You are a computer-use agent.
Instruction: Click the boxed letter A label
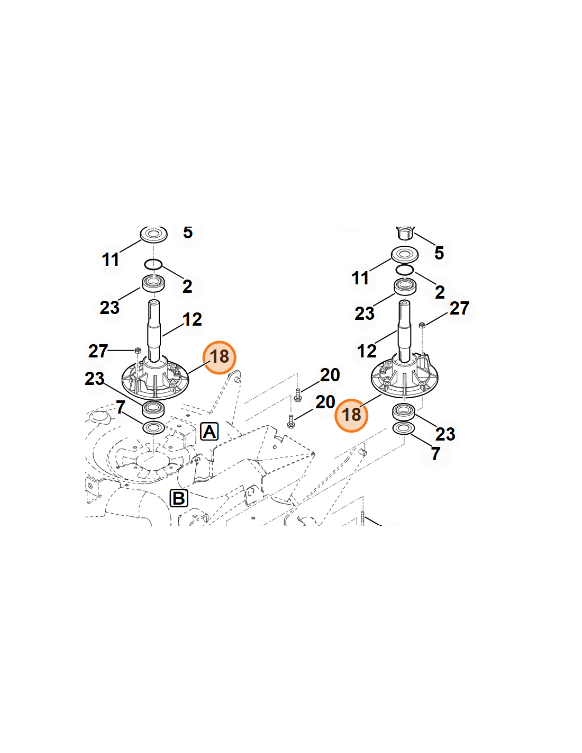[x=209, y=432]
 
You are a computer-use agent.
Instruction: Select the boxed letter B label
[x=179, y=498]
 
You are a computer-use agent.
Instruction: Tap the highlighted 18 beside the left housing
[x=219, y=357]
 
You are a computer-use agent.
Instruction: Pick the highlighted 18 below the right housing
[x=351, y=415]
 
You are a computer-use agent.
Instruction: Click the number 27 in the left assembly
[x=98, y=351]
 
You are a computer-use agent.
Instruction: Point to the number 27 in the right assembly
[x=459, y=308]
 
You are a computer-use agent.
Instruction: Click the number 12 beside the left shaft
[x=192, y=319]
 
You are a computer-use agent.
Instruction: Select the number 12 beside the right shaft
[x=367, y=351]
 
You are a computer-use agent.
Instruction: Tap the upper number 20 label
[x=330, y=375]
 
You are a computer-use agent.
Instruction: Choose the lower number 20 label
[x=325, y=401]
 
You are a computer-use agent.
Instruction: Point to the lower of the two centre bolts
[x=291, y=422]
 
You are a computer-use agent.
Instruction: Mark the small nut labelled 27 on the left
[x=138, y=350]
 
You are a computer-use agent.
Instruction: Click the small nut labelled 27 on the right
[x=422, y=325]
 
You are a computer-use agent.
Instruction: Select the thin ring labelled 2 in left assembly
[x=153, y=264]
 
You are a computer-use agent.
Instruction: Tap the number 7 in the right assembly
[x=435, y=453]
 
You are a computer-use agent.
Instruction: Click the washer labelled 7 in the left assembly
[x=154, y=428]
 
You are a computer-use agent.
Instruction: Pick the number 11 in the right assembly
[x=360, y=278]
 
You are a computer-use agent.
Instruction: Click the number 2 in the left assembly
[x=187, y=286]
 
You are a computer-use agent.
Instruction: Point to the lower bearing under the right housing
[x=403, y=411]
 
